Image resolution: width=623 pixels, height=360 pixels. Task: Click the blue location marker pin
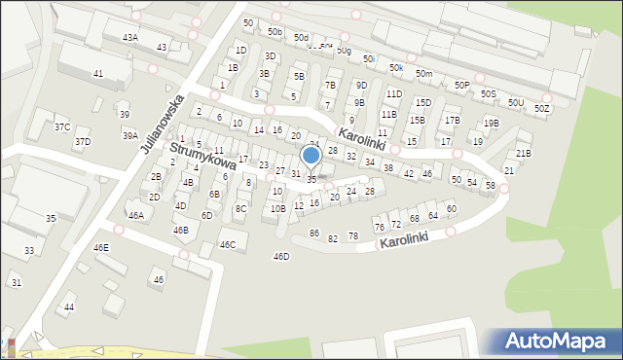tap(311, 157)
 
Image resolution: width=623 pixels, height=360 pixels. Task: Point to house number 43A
tap(129, 37)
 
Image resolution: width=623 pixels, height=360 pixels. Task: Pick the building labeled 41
tap(97, 74)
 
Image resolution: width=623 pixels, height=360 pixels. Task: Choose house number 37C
tap(62, 127)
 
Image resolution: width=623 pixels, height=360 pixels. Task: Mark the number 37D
tap(83, 142)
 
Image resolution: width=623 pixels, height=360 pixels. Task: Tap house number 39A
tap(129, 136)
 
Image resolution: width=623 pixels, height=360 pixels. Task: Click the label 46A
tap(135, 215)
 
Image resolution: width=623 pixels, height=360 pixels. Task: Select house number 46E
tap(101, 247)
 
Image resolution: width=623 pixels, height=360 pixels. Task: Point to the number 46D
tap(281, 256)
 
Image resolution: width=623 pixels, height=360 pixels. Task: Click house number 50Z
tap(541, 108)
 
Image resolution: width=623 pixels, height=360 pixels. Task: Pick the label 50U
tap(515, 102)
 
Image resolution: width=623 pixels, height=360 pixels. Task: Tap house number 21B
tap(524, 153)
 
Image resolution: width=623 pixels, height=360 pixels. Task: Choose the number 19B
tap(492, 124)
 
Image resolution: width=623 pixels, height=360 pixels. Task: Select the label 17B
tap(452, 121)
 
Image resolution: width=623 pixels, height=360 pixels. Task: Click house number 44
tap(68, 306)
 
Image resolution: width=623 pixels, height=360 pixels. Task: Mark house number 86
tap(313, 233)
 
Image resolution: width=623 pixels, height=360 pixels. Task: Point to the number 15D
tap(422, 102)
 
